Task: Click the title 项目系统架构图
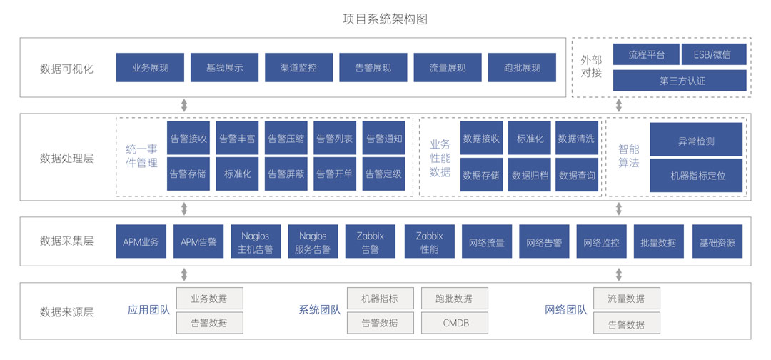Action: click(385, 19)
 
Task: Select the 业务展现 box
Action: click(150, 68)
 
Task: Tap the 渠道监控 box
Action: click(298, 68)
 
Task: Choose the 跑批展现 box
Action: click(522, 68)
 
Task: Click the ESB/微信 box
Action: click(712, 54)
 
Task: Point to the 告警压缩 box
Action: click(286, 139)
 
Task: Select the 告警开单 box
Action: click(335, 174)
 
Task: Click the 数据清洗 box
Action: click(576, 139)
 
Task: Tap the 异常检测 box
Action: click(696, 141)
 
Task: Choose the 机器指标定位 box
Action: click(696, 175)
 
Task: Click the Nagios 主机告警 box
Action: click(256, 243)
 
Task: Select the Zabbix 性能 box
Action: click(429, 243)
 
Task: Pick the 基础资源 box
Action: click(717, 243)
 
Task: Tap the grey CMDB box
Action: click(455, 323)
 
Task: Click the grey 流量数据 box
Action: click(626, 299)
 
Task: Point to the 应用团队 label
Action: click(148, 310)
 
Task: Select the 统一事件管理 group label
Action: click(141, 156)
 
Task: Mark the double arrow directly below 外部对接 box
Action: click(619, 106)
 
